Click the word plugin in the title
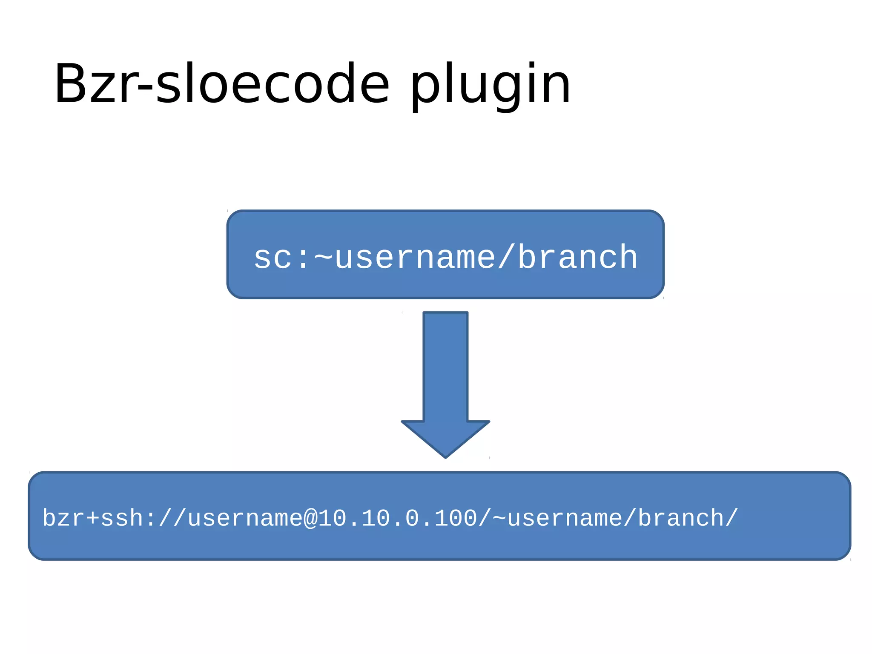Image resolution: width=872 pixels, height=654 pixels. (490, 85)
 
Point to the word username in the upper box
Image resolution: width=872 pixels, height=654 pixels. (415, 258)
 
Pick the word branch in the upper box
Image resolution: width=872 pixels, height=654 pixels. (577, 258)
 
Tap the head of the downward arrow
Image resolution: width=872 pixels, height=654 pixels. (445, 439)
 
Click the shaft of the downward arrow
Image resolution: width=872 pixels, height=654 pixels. (445, 366)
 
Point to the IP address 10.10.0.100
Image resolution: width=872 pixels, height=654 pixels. (398, 519)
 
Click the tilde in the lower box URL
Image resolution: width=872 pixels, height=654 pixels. (499, 518)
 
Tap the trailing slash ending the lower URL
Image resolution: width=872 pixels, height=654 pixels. (731, 518)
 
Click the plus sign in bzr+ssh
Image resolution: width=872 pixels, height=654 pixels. (92, 519)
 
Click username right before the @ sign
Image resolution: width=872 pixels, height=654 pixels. (245, 519)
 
